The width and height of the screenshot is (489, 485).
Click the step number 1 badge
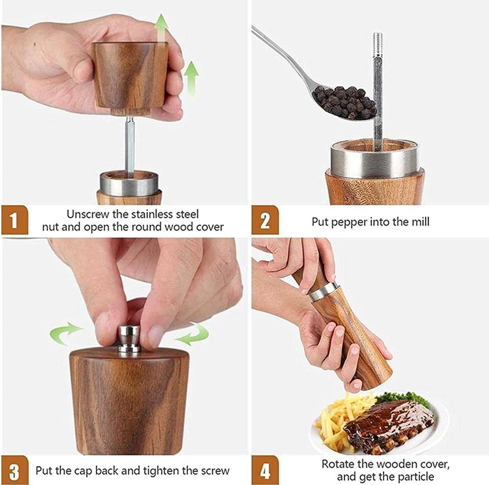click(x=14, y=220)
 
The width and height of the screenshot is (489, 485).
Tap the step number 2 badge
click(x=265, y=220)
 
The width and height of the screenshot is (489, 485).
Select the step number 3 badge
click(x=14, y=470)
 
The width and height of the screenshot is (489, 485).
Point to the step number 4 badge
click(x=265, y=470)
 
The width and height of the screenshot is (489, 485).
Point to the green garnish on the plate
click(x=402, y=398)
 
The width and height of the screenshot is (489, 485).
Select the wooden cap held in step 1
click(x=130, y=76)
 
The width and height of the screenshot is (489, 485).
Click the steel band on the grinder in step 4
click(x=323, y=292)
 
